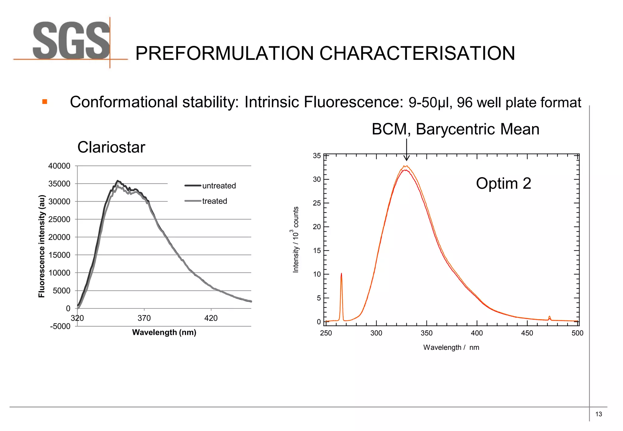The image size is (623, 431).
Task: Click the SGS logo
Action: click(x=71, y=41)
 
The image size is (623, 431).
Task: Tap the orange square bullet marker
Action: click(x=45, y=102)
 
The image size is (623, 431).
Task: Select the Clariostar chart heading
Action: click(x=111, y=147)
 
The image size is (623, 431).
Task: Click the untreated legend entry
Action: click(x=218, y=186)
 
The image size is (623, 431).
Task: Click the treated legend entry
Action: click(x=214, y=201)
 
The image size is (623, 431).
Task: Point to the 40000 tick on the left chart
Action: click(x=59, y=166)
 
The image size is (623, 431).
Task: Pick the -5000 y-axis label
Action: click(x=60, y=326)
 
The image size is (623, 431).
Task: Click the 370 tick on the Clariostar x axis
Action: click(x=144, y=318)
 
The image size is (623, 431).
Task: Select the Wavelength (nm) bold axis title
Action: click(x=164, y=333)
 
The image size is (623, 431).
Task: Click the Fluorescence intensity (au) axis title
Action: click(x=42, y=246)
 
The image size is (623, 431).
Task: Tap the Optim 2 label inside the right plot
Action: click(x=503, y=183)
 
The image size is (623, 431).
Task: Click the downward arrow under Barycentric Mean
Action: click(x=406, y=150)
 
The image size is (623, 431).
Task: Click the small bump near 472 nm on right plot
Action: click(x=549, y=318)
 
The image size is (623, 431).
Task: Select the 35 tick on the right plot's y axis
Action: click(x=317, y=156)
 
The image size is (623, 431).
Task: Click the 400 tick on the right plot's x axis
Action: click(x=477, y=333)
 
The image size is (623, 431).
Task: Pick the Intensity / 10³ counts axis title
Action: click(x=295, y=240)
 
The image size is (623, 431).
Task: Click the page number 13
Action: click(x=598, y=414)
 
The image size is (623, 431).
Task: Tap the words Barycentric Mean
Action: click(x=477, y=129)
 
